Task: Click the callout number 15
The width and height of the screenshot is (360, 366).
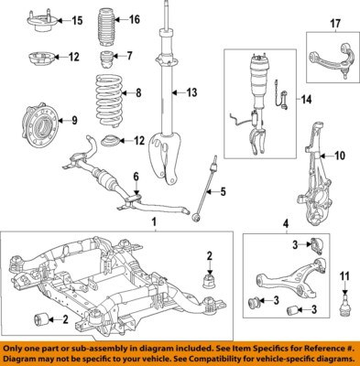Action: point(76,20)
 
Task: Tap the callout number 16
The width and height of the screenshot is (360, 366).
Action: point(134,20)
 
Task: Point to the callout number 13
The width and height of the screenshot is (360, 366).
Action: point(191,92)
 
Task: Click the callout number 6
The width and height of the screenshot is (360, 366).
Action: point(135,177)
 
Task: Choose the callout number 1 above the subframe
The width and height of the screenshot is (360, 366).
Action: point(153,222)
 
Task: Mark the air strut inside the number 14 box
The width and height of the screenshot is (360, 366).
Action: point(256,101)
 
